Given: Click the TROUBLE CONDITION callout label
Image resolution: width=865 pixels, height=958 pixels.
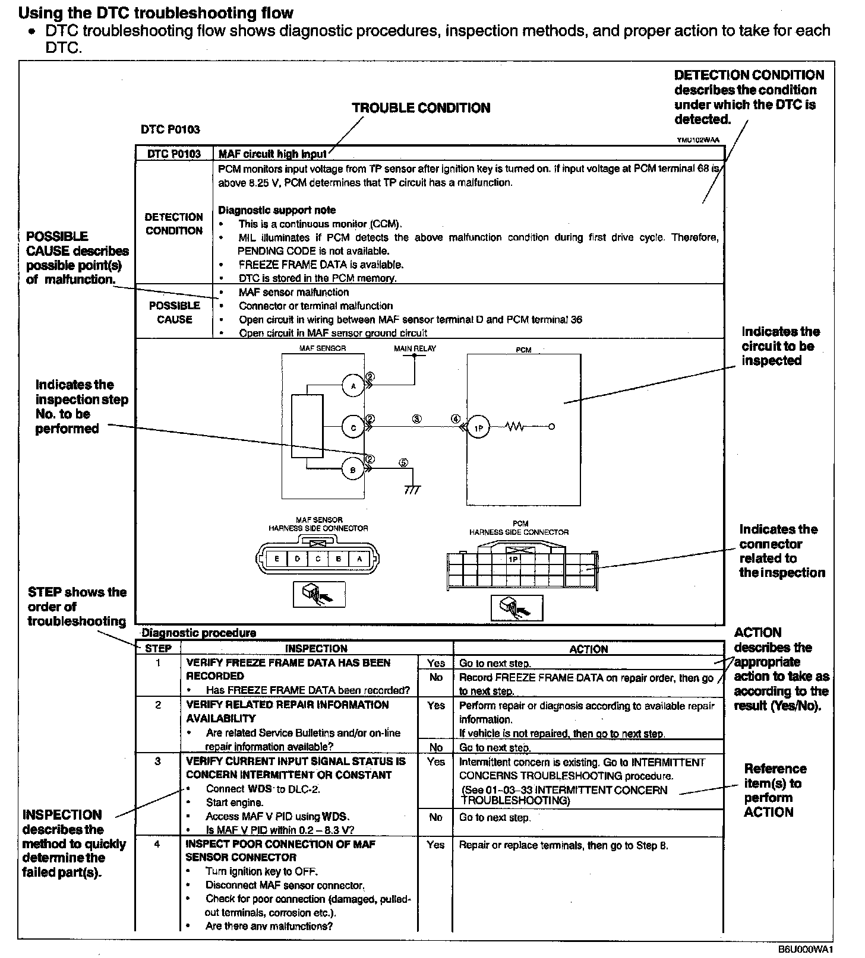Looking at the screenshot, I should [421, 108].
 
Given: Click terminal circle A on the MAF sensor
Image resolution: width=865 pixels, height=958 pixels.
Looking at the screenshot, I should [353, 386].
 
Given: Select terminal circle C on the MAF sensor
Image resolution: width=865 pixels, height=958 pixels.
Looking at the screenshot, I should [353, 427].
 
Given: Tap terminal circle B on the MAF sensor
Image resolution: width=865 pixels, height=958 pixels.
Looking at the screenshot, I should [353, 470].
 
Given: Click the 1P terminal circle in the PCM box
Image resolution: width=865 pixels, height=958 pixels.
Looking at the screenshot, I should [478, 427].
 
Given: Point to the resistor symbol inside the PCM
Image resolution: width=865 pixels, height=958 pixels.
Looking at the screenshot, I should [514, 427].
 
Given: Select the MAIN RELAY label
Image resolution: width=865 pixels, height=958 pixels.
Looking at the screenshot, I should [415, 348].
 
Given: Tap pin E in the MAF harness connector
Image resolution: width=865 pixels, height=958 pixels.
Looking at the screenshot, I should [276, 559].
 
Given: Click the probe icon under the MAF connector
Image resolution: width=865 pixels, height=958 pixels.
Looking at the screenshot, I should [319, 594].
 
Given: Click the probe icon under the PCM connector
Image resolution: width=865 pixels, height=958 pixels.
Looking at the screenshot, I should [517, 607].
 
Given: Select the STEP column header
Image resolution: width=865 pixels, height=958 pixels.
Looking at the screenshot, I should [158, 649].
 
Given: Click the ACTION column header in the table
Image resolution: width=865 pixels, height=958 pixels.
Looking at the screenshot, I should [588, 649].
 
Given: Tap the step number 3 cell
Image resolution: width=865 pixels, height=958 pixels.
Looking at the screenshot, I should [157, 762].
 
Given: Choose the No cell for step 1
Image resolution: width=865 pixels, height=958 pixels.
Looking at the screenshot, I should [435, 678].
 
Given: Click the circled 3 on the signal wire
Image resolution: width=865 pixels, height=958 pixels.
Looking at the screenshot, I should [417, 418].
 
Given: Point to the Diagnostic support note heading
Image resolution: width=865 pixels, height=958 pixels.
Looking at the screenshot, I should [277, 210].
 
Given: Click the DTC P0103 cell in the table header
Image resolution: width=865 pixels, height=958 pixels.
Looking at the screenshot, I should [174, 154].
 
